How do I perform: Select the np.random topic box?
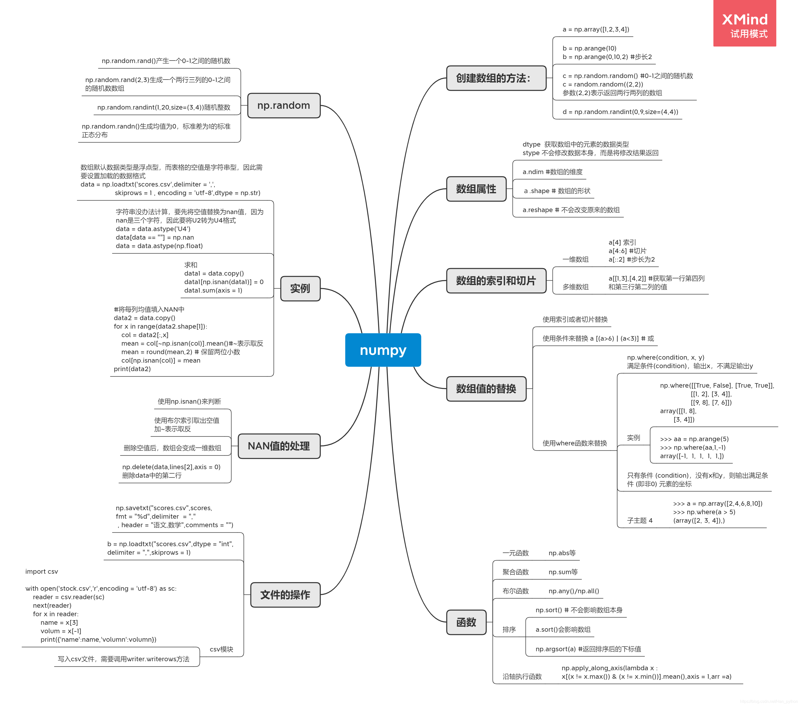click(x=284, y=105)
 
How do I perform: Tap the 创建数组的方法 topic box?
click(x=496, y=78)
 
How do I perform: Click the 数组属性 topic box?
click(x=476, y=189)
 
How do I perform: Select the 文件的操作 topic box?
click(x=285, y=594)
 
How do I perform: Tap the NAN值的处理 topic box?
click(x=279, y=446)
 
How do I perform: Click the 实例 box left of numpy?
click(x=300, y=289)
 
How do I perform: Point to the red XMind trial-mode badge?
click(x=745, y=24)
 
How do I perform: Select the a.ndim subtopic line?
click(x=552, y=172)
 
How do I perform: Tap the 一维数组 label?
click(x=575, y=259)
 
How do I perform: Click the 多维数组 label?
click(x=575, y=287)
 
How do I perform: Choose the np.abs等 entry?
click(x=562, y=553)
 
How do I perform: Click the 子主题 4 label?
click(x=640, y=520)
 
